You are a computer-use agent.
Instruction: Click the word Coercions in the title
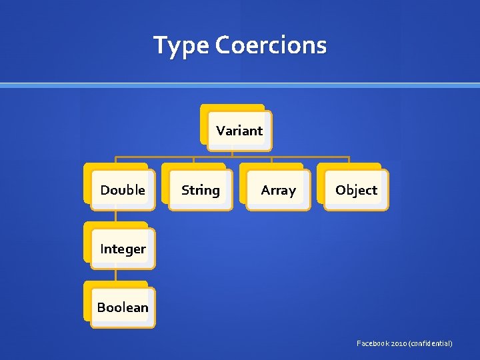click(271, 45)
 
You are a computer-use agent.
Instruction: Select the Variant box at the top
click(239, 130)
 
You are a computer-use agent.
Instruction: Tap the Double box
click(122, 189)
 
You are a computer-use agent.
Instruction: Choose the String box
click(200, 189)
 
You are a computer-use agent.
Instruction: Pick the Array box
click(278, 189)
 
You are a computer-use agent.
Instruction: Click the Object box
click(356, 189)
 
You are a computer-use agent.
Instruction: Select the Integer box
click(122, 249)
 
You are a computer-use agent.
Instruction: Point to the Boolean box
click(122, 307)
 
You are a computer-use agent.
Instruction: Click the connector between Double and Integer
click(115, 216)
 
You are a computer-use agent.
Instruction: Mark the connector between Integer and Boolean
click(115, 275)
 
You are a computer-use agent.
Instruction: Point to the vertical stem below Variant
click(232, 151)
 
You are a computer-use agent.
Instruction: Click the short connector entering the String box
click(193, 160)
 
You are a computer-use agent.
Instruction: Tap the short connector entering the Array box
click(271, 160)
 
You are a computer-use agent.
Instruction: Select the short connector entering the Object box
click(349, 160)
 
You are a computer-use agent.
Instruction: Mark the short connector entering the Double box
click(115, 160)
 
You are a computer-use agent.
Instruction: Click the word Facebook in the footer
click(375, 343)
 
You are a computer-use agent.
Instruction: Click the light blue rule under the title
click(240, 85)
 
